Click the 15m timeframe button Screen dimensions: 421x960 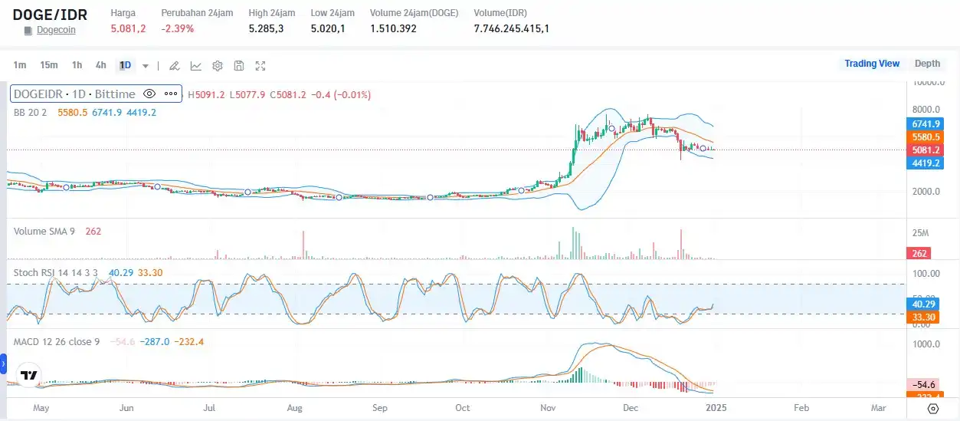[x=49, y=65]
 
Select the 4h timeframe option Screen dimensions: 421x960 [x=101, y=65]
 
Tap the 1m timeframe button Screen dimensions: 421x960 [x=20, y=65]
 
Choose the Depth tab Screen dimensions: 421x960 [x=927, y=64]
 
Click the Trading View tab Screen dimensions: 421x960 [x=871, y=64]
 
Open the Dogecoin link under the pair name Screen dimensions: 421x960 [x=56, y=30]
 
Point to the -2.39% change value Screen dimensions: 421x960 [x=178, y=28]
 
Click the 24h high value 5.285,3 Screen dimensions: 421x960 [x=267, y=28]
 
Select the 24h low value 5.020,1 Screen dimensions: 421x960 [x=328, y=28]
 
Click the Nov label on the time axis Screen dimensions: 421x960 [x=547, y=408]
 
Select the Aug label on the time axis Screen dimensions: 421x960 [x=294, y=408]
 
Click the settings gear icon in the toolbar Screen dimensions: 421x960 [x=218, y=66]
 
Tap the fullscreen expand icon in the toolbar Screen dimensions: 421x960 [x=260, y=66]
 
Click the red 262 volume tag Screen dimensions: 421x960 [x=918, y=253]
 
